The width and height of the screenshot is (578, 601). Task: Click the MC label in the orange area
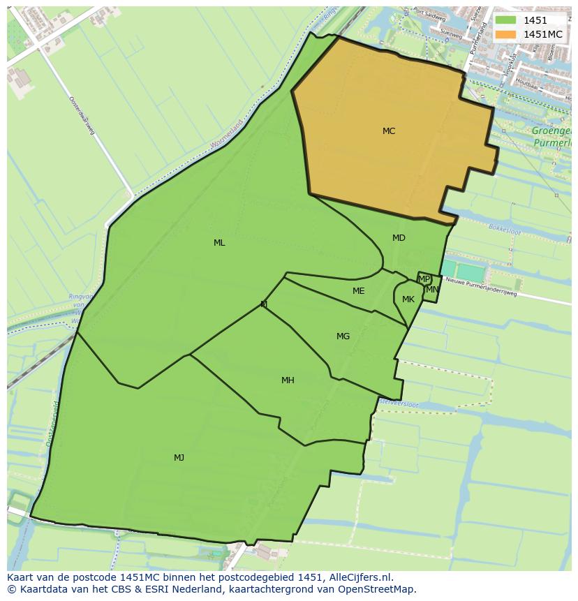[x=389, y=131]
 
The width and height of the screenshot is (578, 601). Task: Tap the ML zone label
[x=219, y=243]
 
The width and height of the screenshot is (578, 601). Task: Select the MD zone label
[x=399, y=238]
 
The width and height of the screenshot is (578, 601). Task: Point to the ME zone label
[x=358, y=291]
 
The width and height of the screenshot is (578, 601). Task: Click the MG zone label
[x=343, y=336]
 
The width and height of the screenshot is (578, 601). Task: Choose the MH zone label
[x=288, y=380]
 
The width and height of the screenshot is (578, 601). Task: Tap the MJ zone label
[x=179, y=458]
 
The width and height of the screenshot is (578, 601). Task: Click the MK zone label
[x=408, y=299]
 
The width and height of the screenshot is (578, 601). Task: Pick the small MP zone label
[x=424, y=279]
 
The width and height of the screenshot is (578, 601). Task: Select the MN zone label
[x=432, y=290]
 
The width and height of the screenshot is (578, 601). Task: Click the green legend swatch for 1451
[x=506, y=20]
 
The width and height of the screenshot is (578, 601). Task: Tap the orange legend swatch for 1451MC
[x=506, y=34]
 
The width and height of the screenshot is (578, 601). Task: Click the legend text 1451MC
[x=543, y=34]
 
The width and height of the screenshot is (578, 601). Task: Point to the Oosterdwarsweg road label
[x=82, y=116]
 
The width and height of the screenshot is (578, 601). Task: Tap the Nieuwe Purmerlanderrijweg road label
[x=481, y=288]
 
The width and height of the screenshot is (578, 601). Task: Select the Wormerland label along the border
[x=227, y=135]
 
